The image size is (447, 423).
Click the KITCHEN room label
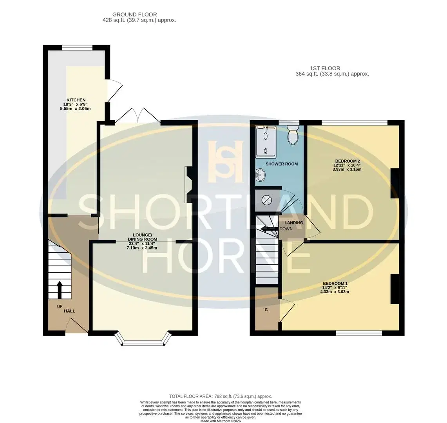tap(76, 100)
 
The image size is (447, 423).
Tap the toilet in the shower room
tap(293, 135)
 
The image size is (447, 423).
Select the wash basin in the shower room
tap(260, 174)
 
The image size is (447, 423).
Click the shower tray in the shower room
tap(266, 142)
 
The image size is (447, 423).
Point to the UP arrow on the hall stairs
tap(60, 289)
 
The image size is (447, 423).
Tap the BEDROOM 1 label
tap(335, 283)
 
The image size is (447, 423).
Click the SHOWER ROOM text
tap(282, 164)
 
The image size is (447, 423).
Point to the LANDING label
tap(294, 222)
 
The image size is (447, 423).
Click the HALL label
tap(70, 311)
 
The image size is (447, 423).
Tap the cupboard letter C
tap(266, 309)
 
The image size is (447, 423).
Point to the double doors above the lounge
tap(138, 116)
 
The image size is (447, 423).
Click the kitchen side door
tap(114, 90)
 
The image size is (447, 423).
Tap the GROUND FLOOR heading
tap(134, 14)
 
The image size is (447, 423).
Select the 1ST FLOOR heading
tap(325, 68)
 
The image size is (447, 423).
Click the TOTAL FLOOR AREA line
tap(221, 396)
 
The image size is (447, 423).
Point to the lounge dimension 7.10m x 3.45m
tap(142, 248)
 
